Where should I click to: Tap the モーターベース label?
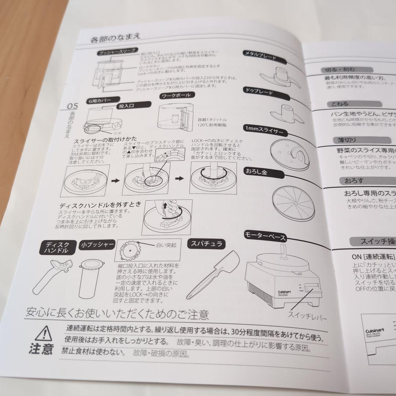265,236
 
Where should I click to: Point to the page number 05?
73,107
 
